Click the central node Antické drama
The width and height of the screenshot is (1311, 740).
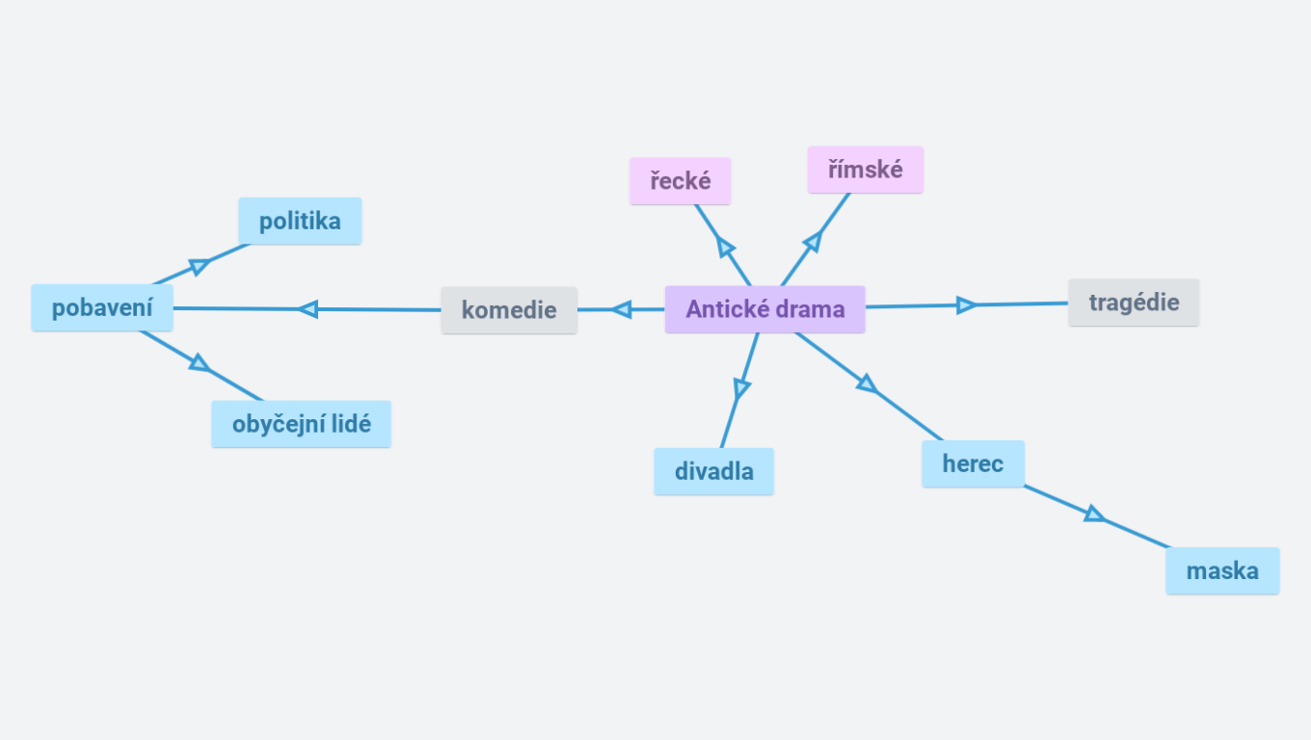click(764, 309)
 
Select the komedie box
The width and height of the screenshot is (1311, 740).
click(509, 310)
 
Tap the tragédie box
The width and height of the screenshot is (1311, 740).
click(1134, 303)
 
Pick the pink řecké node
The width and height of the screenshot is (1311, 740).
click(680, 181)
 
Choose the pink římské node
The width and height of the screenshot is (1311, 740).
click(865, 170)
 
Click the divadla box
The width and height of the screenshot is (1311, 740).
click(713, 472)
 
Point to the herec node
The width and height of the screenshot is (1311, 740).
click(973, 463)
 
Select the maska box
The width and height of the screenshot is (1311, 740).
click(1222, 570)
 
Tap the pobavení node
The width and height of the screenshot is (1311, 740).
click(102, 308)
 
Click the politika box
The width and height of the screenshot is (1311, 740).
click(300, 221)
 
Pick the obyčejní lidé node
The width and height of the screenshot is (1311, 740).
click(301, 424)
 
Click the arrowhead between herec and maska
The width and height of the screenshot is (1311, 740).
click(1094, 514)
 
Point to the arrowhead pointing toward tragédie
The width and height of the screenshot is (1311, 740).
click(966, 305)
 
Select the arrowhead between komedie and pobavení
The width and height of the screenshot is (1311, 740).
click(308, 309)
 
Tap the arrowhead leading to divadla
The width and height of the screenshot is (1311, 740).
click(740, 388)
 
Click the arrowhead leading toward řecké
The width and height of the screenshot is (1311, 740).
click(726, 248)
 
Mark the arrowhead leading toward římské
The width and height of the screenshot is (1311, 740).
click(812, 241)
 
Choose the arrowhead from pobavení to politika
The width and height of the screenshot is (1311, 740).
click(200, 266)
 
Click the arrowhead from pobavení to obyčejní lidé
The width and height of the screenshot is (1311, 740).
click(200, 363)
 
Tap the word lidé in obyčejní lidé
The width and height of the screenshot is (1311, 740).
click(351, 424)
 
